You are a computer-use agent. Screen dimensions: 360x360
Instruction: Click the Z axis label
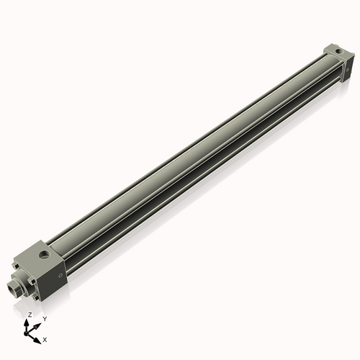(30, 315)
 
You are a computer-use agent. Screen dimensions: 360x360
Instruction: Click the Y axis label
(45, 318)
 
